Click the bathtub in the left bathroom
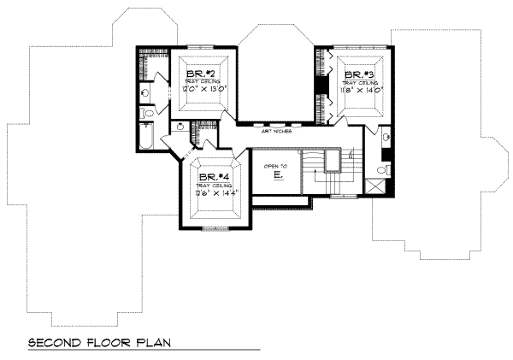click(148, 137)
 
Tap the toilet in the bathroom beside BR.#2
click(147, 112)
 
